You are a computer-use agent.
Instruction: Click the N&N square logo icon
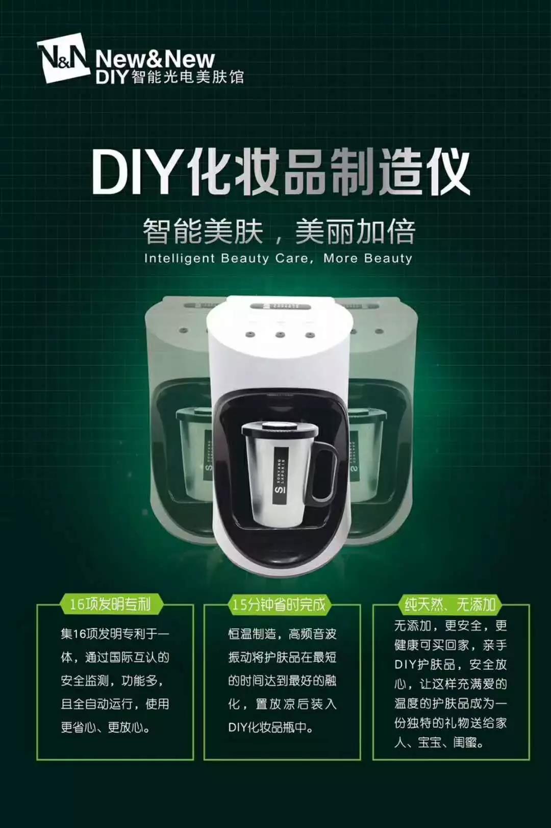click(x=63, y=57)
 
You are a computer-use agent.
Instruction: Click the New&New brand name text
click(x=155, y=59)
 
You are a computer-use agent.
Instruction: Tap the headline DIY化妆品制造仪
click(x=281, y=173)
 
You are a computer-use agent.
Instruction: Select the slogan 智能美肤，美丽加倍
click(x=280, y=232)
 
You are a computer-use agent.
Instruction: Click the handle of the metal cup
click(x=324, y=471)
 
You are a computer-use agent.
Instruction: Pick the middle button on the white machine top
click(x=279, y=335)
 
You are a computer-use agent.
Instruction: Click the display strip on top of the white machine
click(x=279, y=307)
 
